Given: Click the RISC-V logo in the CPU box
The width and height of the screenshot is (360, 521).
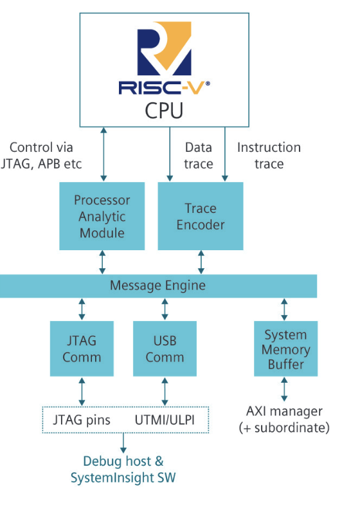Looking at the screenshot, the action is pos(165,58).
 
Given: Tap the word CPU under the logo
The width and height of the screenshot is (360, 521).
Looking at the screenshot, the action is pos(164,111).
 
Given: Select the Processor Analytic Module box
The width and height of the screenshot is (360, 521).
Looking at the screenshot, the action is pos(102,216).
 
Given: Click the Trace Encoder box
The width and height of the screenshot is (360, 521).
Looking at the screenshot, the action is pos(201,216).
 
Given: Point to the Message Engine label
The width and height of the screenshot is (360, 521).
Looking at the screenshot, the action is pos(157,286).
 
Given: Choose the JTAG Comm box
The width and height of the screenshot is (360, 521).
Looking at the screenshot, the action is pos(82,349).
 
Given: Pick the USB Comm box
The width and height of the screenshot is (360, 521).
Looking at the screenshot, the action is pos(165,349).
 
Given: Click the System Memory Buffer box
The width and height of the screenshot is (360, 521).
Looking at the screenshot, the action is pos(285,349).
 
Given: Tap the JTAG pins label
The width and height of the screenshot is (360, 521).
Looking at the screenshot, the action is pos(82,420).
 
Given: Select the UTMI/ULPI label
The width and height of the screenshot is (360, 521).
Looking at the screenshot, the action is pos(165,420).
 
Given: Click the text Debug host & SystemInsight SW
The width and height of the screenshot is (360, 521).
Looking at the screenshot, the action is pos(123,470).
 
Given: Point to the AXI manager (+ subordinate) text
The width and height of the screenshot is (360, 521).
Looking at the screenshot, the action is pos(284,419).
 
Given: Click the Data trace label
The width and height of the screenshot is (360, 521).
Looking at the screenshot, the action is pos(199,156).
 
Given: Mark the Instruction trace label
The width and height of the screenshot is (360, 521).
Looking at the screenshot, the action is pos(269,156).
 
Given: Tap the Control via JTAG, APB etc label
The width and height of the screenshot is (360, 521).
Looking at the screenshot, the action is pos(41,156).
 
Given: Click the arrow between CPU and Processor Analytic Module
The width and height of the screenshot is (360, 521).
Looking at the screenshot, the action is pos(104,154).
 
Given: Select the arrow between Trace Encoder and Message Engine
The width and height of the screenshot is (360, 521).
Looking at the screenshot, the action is pos(201,262).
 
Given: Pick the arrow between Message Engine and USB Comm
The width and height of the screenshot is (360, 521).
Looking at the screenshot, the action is pos(165,309).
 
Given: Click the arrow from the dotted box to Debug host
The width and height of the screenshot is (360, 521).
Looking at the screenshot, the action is pos(123,443).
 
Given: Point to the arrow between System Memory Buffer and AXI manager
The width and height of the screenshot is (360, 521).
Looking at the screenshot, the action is pos(284,389).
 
